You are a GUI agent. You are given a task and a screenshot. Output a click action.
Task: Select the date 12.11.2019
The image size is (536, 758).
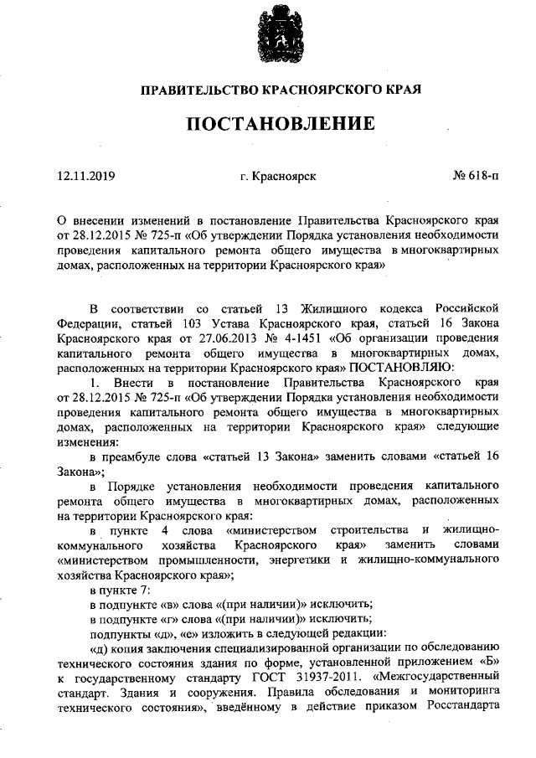coord(86,176)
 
